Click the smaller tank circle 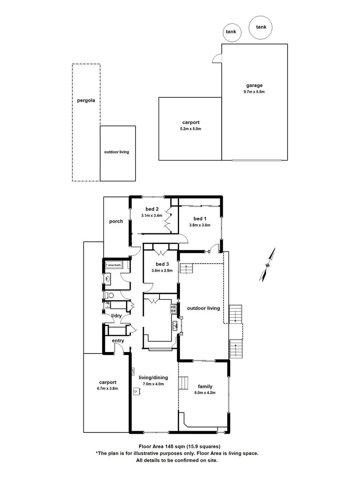231,32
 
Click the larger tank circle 261,27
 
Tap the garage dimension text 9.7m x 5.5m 254,92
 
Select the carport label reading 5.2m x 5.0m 190,129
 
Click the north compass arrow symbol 268,265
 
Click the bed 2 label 152,209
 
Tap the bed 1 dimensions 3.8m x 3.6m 200,225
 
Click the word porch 116,221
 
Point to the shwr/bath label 114,265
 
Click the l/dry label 116,316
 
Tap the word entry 118,341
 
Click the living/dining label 152,378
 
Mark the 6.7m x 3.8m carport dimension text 108,388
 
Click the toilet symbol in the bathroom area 110,295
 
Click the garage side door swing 217,58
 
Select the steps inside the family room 184,383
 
